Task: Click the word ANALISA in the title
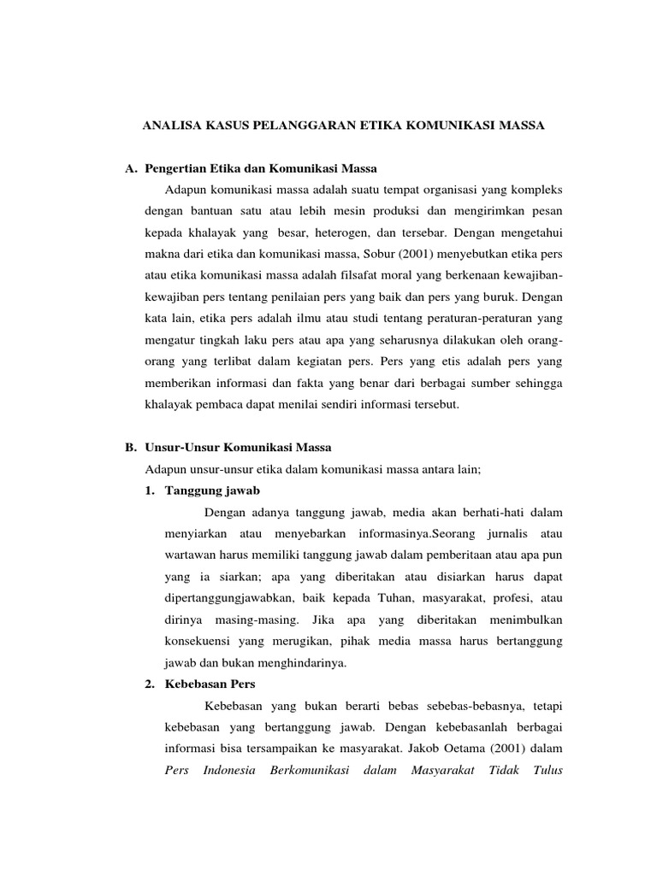pos(169,126)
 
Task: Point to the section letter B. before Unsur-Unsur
pos(131,447)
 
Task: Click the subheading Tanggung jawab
pos(214,490)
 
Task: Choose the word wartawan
pos(188,555)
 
